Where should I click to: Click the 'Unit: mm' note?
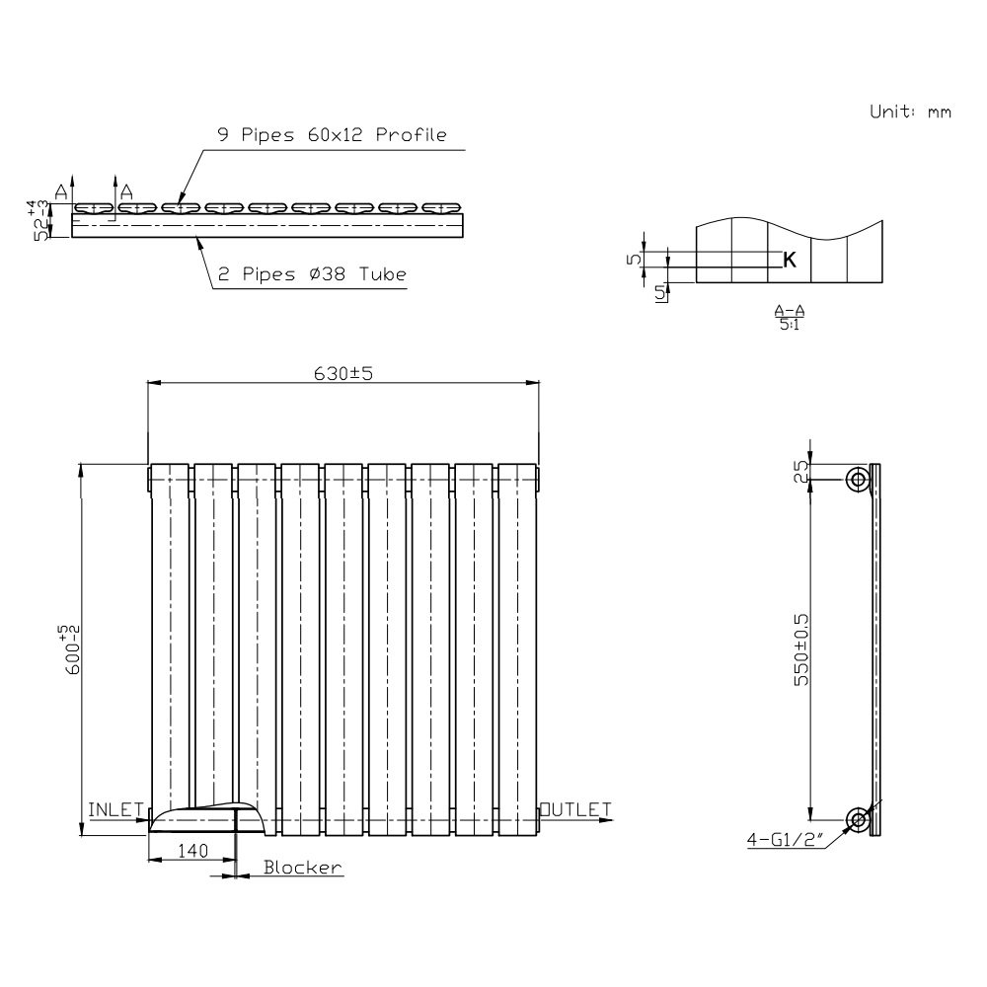pyautogui.click(x=909, y=112)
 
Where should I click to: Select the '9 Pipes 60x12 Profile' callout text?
pyautogui.click(x=332, y=135)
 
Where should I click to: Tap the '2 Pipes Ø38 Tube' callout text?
pyautogui.click(x=312, y=275)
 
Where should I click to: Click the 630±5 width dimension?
pyautogui.click(x=342, y=373)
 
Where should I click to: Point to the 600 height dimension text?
pyautogui.click(x=70, y=651)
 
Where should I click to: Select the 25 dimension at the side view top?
pyautogui.click(x=801, y=471)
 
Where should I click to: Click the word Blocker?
pyautogui.click(x=302, y=868)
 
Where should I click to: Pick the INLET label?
pyautogui.click(x=116, y=809)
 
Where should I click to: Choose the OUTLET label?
pyautogui.click(x=576, y=809)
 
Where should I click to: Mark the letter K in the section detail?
pyautogui.click(x=790, y=260)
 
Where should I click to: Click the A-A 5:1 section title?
pyautogui.click(x=787, y=317)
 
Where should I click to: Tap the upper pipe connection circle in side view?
pyautogui.click(x=858, y=480)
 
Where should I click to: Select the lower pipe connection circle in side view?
pyautogui.click(x=858, y=818)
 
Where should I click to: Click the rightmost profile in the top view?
pyautogui.click(x=441, y=208)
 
